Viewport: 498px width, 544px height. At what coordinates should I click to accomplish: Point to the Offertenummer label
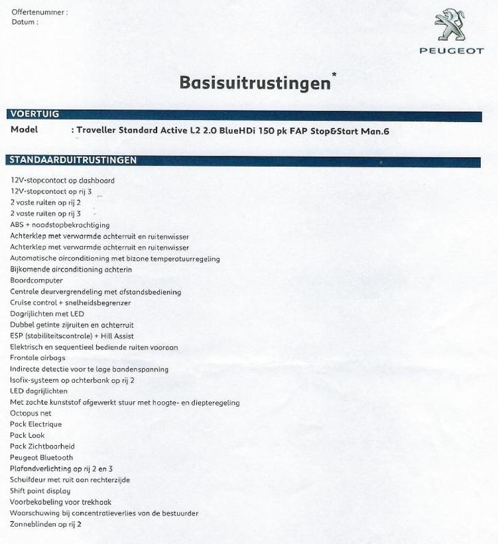click(x=39, y=12)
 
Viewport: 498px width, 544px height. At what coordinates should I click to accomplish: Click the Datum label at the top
click(x=25, y=21)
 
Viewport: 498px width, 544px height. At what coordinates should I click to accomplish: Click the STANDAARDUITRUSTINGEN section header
click(x=72, y=161)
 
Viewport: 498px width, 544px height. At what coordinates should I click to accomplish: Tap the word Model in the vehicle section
click(x=25, y=130)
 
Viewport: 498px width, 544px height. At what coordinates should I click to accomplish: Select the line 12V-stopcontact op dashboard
click(x=62, y=180)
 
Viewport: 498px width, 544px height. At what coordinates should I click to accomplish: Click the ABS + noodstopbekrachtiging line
click(x=60, y=225)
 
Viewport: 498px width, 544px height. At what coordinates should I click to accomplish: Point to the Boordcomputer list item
click(x=36, y=281)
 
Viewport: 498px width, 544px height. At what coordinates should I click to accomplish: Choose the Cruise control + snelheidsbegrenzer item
click(x=71, y=303)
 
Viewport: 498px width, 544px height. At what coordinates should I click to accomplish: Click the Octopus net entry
click(x=31, y=414)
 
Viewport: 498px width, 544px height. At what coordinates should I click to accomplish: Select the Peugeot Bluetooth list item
click(x=41, y=458)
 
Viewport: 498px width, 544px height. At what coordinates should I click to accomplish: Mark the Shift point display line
click(x=40, y=491)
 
